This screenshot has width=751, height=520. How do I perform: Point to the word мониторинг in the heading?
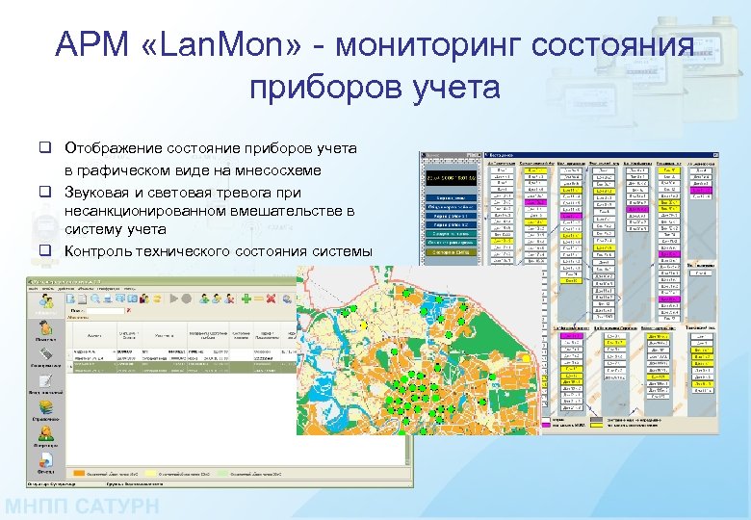coord(438,45)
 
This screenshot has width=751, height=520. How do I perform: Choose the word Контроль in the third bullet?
coord(100,251)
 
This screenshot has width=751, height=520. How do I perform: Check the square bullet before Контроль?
coord(44,251)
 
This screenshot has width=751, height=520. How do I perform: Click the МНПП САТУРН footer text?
coord(86,507)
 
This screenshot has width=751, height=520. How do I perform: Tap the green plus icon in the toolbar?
coord(247,299)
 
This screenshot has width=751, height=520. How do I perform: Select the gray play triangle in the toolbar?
coord(176,299)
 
